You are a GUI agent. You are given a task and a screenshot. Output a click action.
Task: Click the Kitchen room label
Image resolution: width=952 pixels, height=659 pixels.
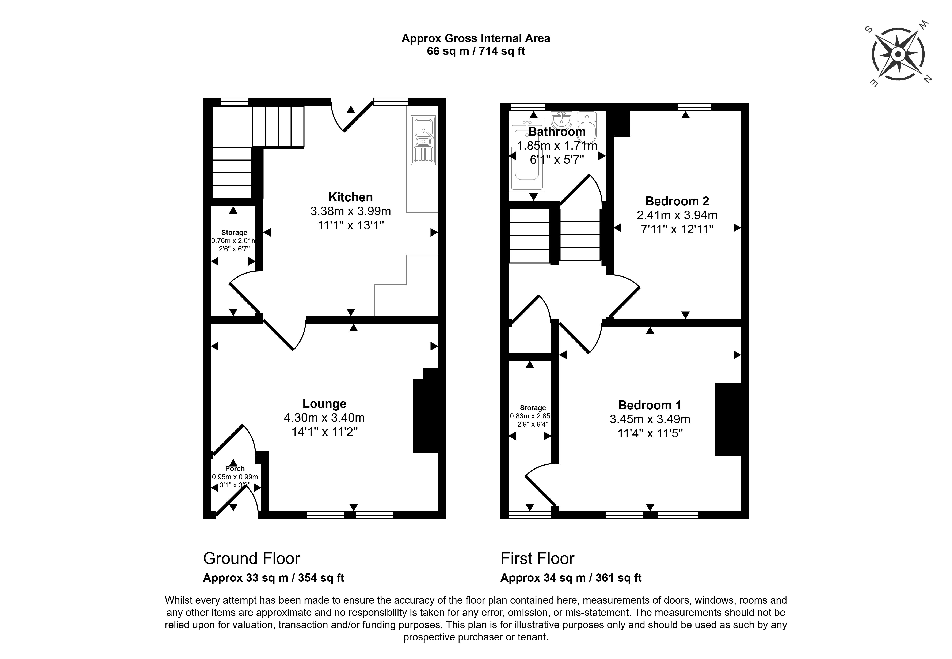click(350, 197)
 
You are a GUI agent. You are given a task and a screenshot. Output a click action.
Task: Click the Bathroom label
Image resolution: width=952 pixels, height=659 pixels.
click(557, 132)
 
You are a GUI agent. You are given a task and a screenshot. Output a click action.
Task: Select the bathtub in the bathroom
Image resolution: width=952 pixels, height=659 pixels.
click(526, 156)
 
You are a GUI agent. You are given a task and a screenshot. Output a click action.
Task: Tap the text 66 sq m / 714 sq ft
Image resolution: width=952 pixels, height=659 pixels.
click(476, 51)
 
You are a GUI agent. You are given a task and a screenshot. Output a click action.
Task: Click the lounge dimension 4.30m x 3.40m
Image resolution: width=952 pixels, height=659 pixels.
click(324, 418)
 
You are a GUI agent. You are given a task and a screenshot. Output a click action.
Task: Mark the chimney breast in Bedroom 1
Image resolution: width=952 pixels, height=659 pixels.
click(728, 419)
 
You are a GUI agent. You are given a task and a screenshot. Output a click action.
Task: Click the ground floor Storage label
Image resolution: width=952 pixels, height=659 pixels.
click(234, 233)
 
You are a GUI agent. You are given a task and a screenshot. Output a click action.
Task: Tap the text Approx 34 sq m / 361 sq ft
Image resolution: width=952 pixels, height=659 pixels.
click(571, 578)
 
